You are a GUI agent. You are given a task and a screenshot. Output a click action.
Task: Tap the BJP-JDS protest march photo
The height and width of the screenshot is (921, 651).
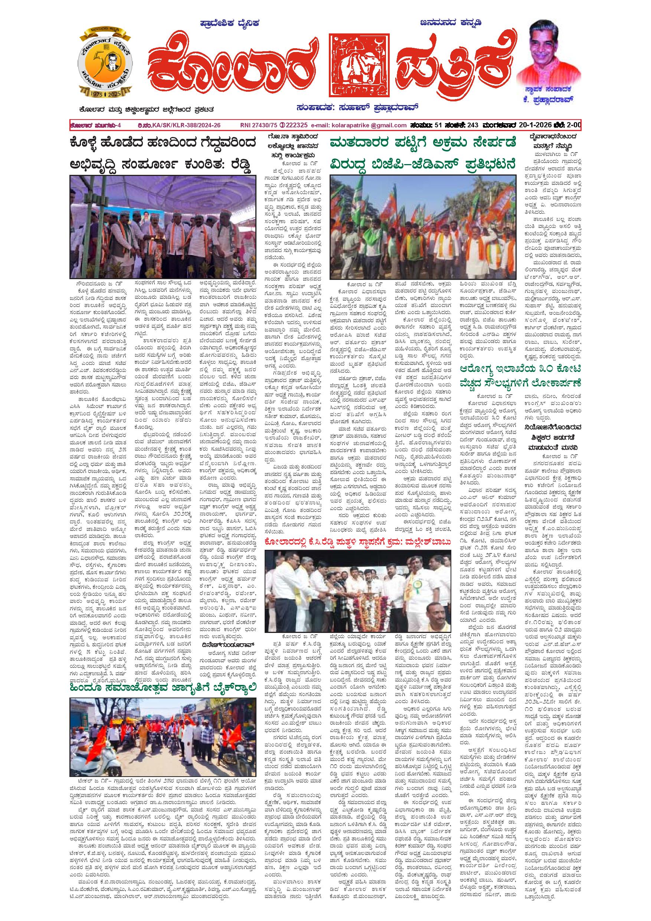(x=423, y=227)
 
